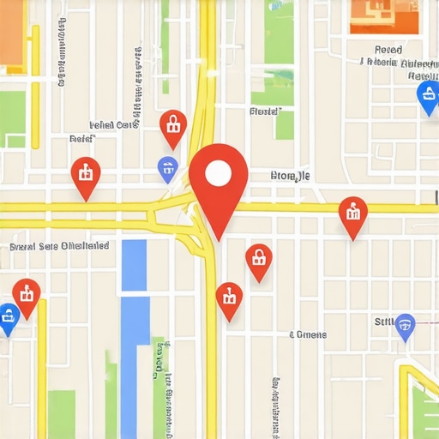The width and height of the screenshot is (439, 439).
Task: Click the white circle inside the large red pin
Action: [219, 174]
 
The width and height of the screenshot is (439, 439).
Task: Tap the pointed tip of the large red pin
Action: [219, 239]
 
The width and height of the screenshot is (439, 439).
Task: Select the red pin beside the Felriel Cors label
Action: [173, 126]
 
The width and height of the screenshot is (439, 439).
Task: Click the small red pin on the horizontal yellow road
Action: [352, 215]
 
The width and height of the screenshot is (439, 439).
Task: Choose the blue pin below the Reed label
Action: [426, 97]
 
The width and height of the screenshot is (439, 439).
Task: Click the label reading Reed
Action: [388, 50]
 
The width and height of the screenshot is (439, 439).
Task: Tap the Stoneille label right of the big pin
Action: [290, 177]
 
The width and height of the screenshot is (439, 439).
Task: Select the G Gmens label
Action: [307, 334]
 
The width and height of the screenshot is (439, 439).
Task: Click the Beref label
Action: [81, 137]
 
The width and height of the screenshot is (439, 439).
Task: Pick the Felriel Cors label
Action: [114, 124]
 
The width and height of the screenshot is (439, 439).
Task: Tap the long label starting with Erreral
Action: [59, 246]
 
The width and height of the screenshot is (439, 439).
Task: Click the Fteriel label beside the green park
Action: [264, 111]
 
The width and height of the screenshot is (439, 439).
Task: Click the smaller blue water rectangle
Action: [134, 265]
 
